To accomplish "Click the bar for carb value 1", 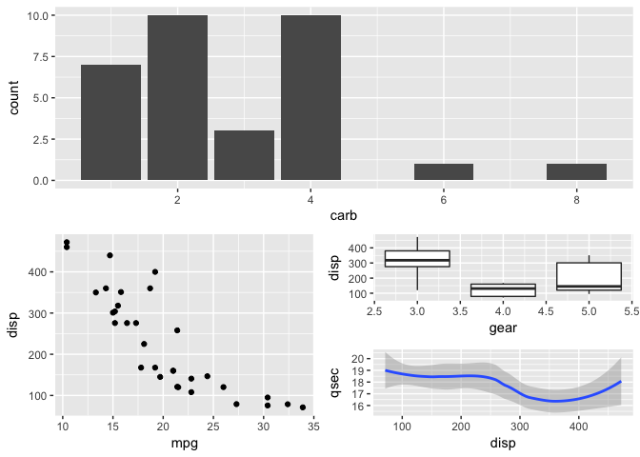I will coord(110,122).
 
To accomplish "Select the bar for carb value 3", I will coord(244,155).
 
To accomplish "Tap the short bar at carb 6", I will coord(444,172).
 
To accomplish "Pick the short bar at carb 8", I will coord(576,172).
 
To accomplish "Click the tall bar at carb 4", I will coord(310,97).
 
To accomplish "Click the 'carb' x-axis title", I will coord(344,217).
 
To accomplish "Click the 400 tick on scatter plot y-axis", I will coord(40,272).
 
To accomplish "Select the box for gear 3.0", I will coord(417,259).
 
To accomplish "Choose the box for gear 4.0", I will coord(503,289).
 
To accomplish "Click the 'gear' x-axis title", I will coord(503,328).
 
